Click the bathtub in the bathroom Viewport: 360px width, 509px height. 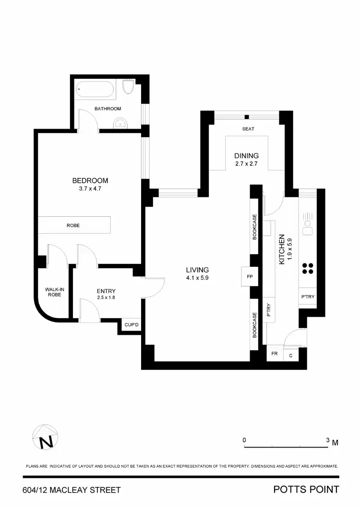coord(96,89)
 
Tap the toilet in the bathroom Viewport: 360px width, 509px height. coord(128,88)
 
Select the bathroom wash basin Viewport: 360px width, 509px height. coord(120,124)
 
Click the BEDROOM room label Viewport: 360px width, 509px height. coord(90,180)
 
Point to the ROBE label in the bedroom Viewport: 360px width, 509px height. coord(73,225)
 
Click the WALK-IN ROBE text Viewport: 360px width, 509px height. coord(53,292)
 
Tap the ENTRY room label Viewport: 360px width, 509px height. coord(106,291)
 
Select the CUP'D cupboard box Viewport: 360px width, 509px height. coord(131,325)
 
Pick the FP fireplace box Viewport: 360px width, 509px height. coord(250,277)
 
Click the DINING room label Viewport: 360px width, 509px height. coord(246,155)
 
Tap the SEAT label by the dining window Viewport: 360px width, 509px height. coord(248,129)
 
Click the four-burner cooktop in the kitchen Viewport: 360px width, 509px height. coord(308,268)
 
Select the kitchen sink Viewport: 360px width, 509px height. coord(307,220)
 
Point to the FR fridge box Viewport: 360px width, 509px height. coord(275,354)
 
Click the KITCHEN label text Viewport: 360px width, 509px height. coord(282,249)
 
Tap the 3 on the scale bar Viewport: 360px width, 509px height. coord(328,440)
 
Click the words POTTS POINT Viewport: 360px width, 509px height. coord(306,490)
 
